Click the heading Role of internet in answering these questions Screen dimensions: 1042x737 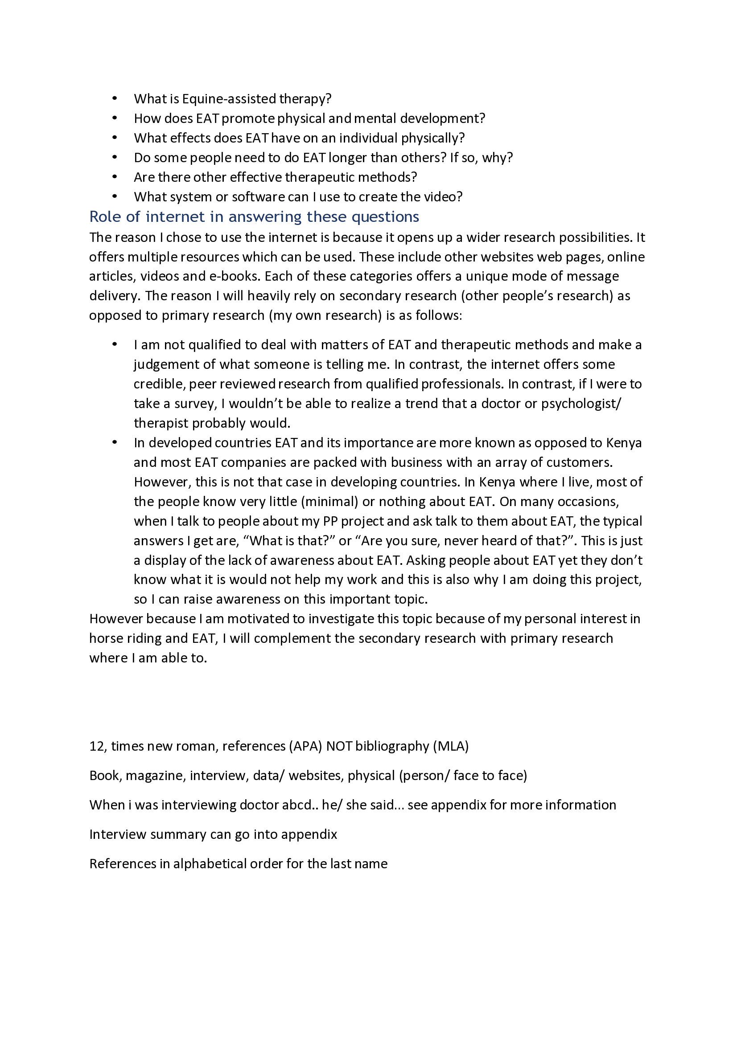[x=254, y=217]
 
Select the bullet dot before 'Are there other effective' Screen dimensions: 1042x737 [x=115, y=176]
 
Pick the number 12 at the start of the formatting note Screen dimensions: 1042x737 [x=97, y=746]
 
